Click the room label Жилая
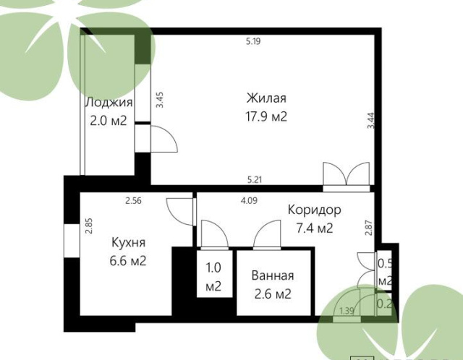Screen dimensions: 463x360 click(266, 98)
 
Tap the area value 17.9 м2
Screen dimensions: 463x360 click(266, 116)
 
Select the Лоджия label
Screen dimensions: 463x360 click(109, 103)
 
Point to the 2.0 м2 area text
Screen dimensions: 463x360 click(109, 121)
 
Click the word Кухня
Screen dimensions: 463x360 click(129, 243)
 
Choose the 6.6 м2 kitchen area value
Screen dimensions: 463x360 click(128, 261)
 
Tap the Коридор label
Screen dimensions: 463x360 click(315, 210)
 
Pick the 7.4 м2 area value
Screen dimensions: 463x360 click(315, 228)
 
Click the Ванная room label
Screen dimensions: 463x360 click(273, 275)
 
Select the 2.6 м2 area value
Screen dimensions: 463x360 click(273, 294)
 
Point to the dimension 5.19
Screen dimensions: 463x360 click(253, 41)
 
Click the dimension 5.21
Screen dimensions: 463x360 click(254, 179)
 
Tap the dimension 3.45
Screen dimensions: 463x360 click(160, 100)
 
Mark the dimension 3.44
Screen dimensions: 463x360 click(371, 121)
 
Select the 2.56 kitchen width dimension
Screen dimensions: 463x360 click(133, 201)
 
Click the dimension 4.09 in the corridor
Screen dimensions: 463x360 click(249, 201)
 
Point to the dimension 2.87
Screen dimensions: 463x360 click(369, 228)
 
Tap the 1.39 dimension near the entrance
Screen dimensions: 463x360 click(347, 311)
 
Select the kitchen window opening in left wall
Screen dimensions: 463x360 click(72, 241)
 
